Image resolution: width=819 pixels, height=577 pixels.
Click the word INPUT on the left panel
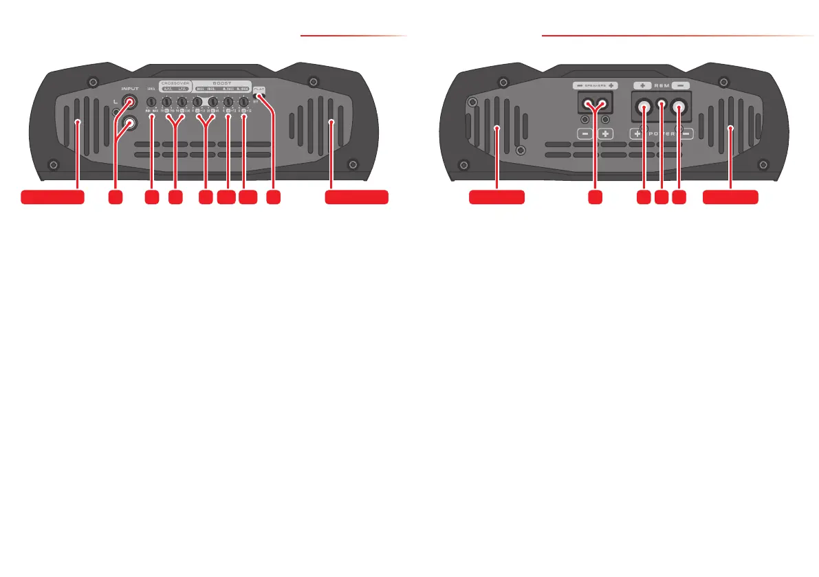[129, 88]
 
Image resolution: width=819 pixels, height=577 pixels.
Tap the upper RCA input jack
[129, 103]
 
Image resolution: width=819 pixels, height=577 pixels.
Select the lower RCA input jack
[129, 122]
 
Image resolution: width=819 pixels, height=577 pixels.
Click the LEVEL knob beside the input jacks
[151, 103]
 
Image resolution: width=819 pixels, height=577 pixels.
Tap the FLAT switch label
[259, 89]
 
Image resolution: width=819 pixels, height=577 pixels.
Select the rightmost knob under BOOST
[243, 103]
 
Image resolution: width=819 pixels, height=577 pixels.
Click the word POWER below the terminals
[661, 133]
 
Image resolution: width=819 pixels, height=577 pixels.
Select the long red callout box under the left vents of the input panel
[53, 197]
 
